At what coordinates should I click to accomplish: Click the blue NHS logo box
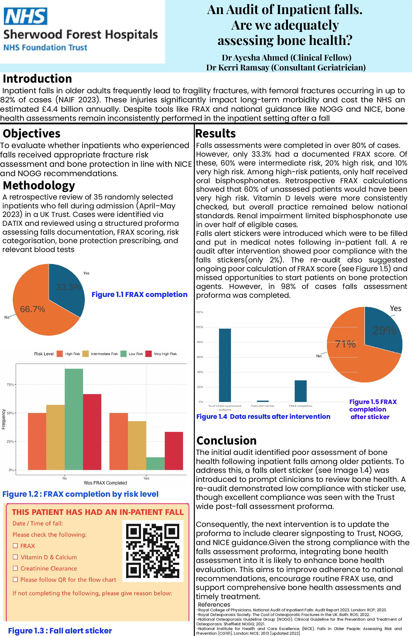[x=25, y=16]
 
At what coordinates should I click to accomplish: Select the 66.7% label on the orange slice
[x=32, y=309]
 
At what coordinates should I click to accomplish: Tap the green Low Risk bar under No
[x=74, y=419]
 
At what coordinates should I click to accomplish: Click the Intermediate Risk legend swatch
[x=85, y=354]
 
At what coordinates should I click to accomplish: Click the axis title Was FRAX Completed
[x=105, y=483]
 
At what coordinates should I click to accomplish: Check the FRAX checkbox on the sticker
[x=16, y=546]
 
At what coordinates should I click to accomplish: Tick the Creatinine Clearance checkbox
[x=16, y=568]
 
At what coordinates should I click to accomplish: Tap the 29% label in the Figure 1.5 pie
[x=384, y=330]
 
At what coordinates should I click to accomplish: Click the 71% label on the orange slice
[x=345, y=344]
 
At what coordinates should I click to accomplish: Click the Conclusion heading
[x=226, y=440]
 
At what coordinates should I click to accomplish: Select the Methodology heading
[x=39, y=185]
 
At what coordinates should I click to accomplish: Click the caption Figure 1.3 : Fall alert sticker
[x=60, y=631]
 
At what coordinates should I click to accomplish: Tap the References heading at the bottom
[x=214, y=605]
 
